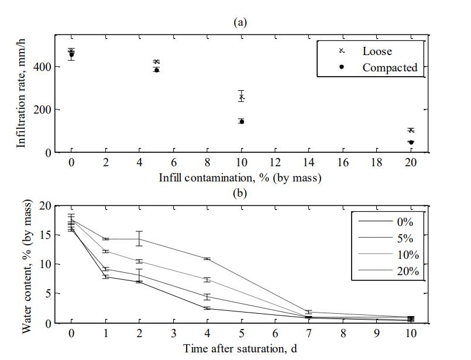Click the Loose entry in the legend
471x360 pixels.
tap(377, 51)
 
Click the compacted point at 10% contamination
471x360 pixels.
tap(241, 121)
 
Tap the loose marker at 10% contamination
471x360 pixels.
tap(241, 97)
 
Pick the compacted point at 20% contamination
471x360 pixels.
tap(411, 142)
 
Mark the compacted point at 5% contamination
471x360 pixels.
tap(156, 70)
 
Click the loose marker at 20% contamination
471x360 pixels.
tap(411, 130)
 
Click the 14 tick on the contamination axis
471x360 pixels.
tap(309, 162)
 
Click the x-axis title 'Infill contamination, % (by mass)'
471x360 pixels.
tap(240, 176)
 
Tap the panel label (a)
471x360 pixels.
tap(240, 22)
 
